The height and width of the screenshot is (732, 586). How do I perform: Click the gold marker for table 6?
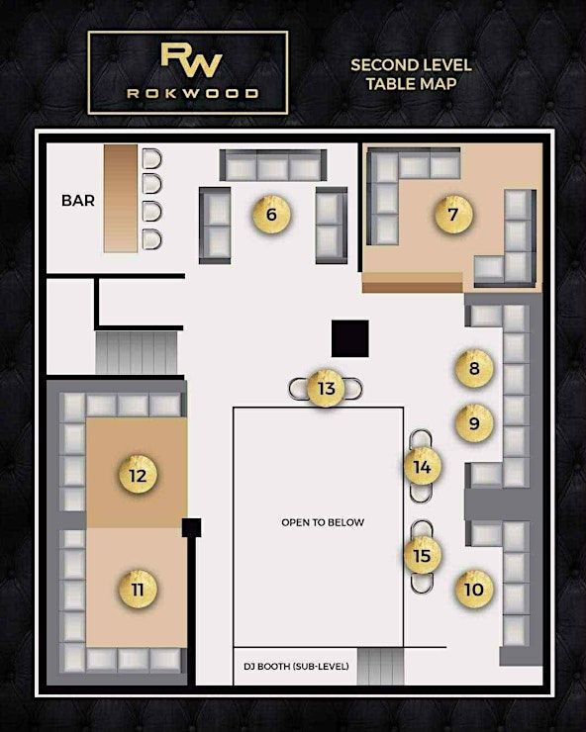click(271, 215)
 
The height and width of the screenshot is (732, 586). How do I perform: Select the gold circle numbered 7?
click(453, 215)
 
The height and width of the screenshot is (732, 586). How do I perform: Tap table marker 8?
click(474, 368)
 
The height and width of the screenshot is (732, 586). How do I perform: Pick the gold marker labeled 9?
click(474, 423)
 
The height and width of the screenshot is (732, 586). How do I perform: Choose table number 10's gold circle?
click(474, 590)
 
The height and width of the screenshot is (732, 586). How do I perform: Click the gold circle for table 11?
click(138, 590)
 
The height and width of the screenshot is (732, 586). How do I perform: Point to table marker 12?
click(138, 476)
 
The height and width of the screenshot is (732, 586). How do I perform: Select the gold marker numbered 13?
click(327, 389)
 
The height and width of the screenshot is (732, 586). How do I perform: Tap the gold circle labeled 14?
click(423, 467)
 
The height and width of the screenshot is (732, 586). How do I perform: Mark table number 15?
click(423, 556)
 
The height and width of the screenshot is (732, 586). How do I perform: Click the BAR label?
click(78, 201)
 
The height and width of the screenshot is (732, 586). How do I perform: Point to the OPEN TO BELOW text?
click(323, 522)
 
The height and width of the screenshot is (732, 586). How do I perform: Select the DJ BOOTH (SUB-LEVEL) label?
click(296, 666)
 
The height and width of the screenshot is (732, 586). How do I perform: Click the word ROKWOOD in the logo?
click(193, 93)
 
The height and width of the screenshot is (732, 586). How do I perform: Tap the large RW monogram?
click(191, 60)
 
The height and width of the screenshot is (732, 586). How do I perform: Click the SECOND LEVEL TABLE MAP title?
click(411, 74)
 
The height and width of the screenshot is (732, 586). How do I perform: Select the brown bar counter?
click(121, 199)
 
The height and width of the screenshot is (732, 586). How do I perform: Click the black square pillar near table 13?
click(350, 338)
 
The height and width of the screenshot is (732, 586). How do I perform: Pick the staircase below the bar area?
click(137, 352)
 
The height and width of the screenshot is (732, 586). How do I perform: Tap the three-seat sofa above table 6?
click(273, 165)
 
